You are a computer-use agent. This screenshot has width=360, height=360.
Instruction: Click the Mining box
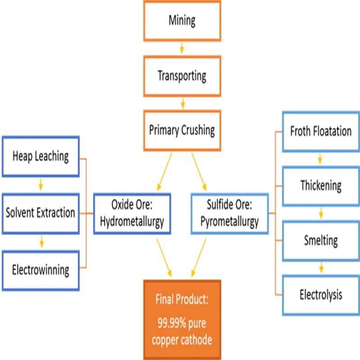pyautogui.click(x=182, y=21)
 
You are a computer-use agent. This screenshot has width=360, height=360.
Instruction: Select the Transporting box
pyautogui.click(x=182, y=76)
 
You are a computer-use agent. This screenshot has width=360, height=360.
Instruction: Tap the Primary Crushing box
pyautogui.click(x=182, y=130)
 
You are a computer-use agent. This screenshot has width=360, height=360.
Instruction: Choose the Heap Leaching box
pyautogui.click(x=40, y=157)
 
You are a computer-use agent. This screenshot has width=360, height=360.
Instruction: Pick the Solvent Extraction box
pyautogui.click(x=40, y=213)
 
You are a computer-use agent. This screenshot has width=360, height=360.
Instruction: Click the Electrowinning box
pyautogui.click(x=40, y=270)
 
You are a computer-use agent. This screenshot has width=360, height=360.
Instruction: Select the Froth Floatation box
pyautogui.click(x=321, y=131)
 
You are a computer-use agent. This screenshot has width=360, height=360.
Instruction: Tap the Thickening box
pyautogui.click(x=321, y=186)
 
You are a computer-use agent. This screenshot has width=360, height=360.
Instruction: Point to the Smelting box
pyautogui.click(x=321, y=241)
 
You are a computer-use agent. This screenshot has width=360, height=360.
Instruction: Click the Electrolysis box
pyautogui.click(x=321, y=295)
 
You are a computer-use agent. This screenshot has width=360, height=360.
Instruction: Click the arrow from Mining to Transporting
pyautogui.click(x=182, y=48)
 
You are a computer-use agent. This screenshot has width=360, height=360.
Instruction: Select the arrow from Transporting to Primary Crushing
pyautogui.click(x=183, y=103)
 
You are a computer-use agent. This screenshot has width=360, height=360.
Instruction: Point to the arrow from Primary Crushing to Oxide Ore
pyautogui.click(x=165, y=171)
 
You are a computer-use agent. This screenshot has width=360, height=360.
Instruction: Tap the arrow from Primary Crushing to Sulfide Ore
pyautogui.click(x=199, y=171)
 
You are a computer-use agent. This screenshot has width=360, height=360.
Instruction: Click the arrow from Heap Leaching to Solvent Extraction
pyautogui.click(x=40, y=184)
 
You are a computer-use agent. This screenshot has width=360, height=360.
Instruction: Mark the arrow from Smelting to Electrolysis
pyautogui.click(x=321, y=267)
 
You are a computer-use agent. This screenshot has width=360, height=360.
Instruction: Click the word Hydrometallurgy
pyautogui.click(x=132, y=222)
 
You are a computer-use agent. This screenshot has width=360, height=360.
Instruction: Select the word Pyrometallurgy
pyautogui.click(x=229, y=222)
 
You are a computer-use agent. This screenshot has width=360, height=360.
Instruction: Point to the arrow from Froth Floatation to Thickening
pyautogui.click(x=320, y=159)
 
